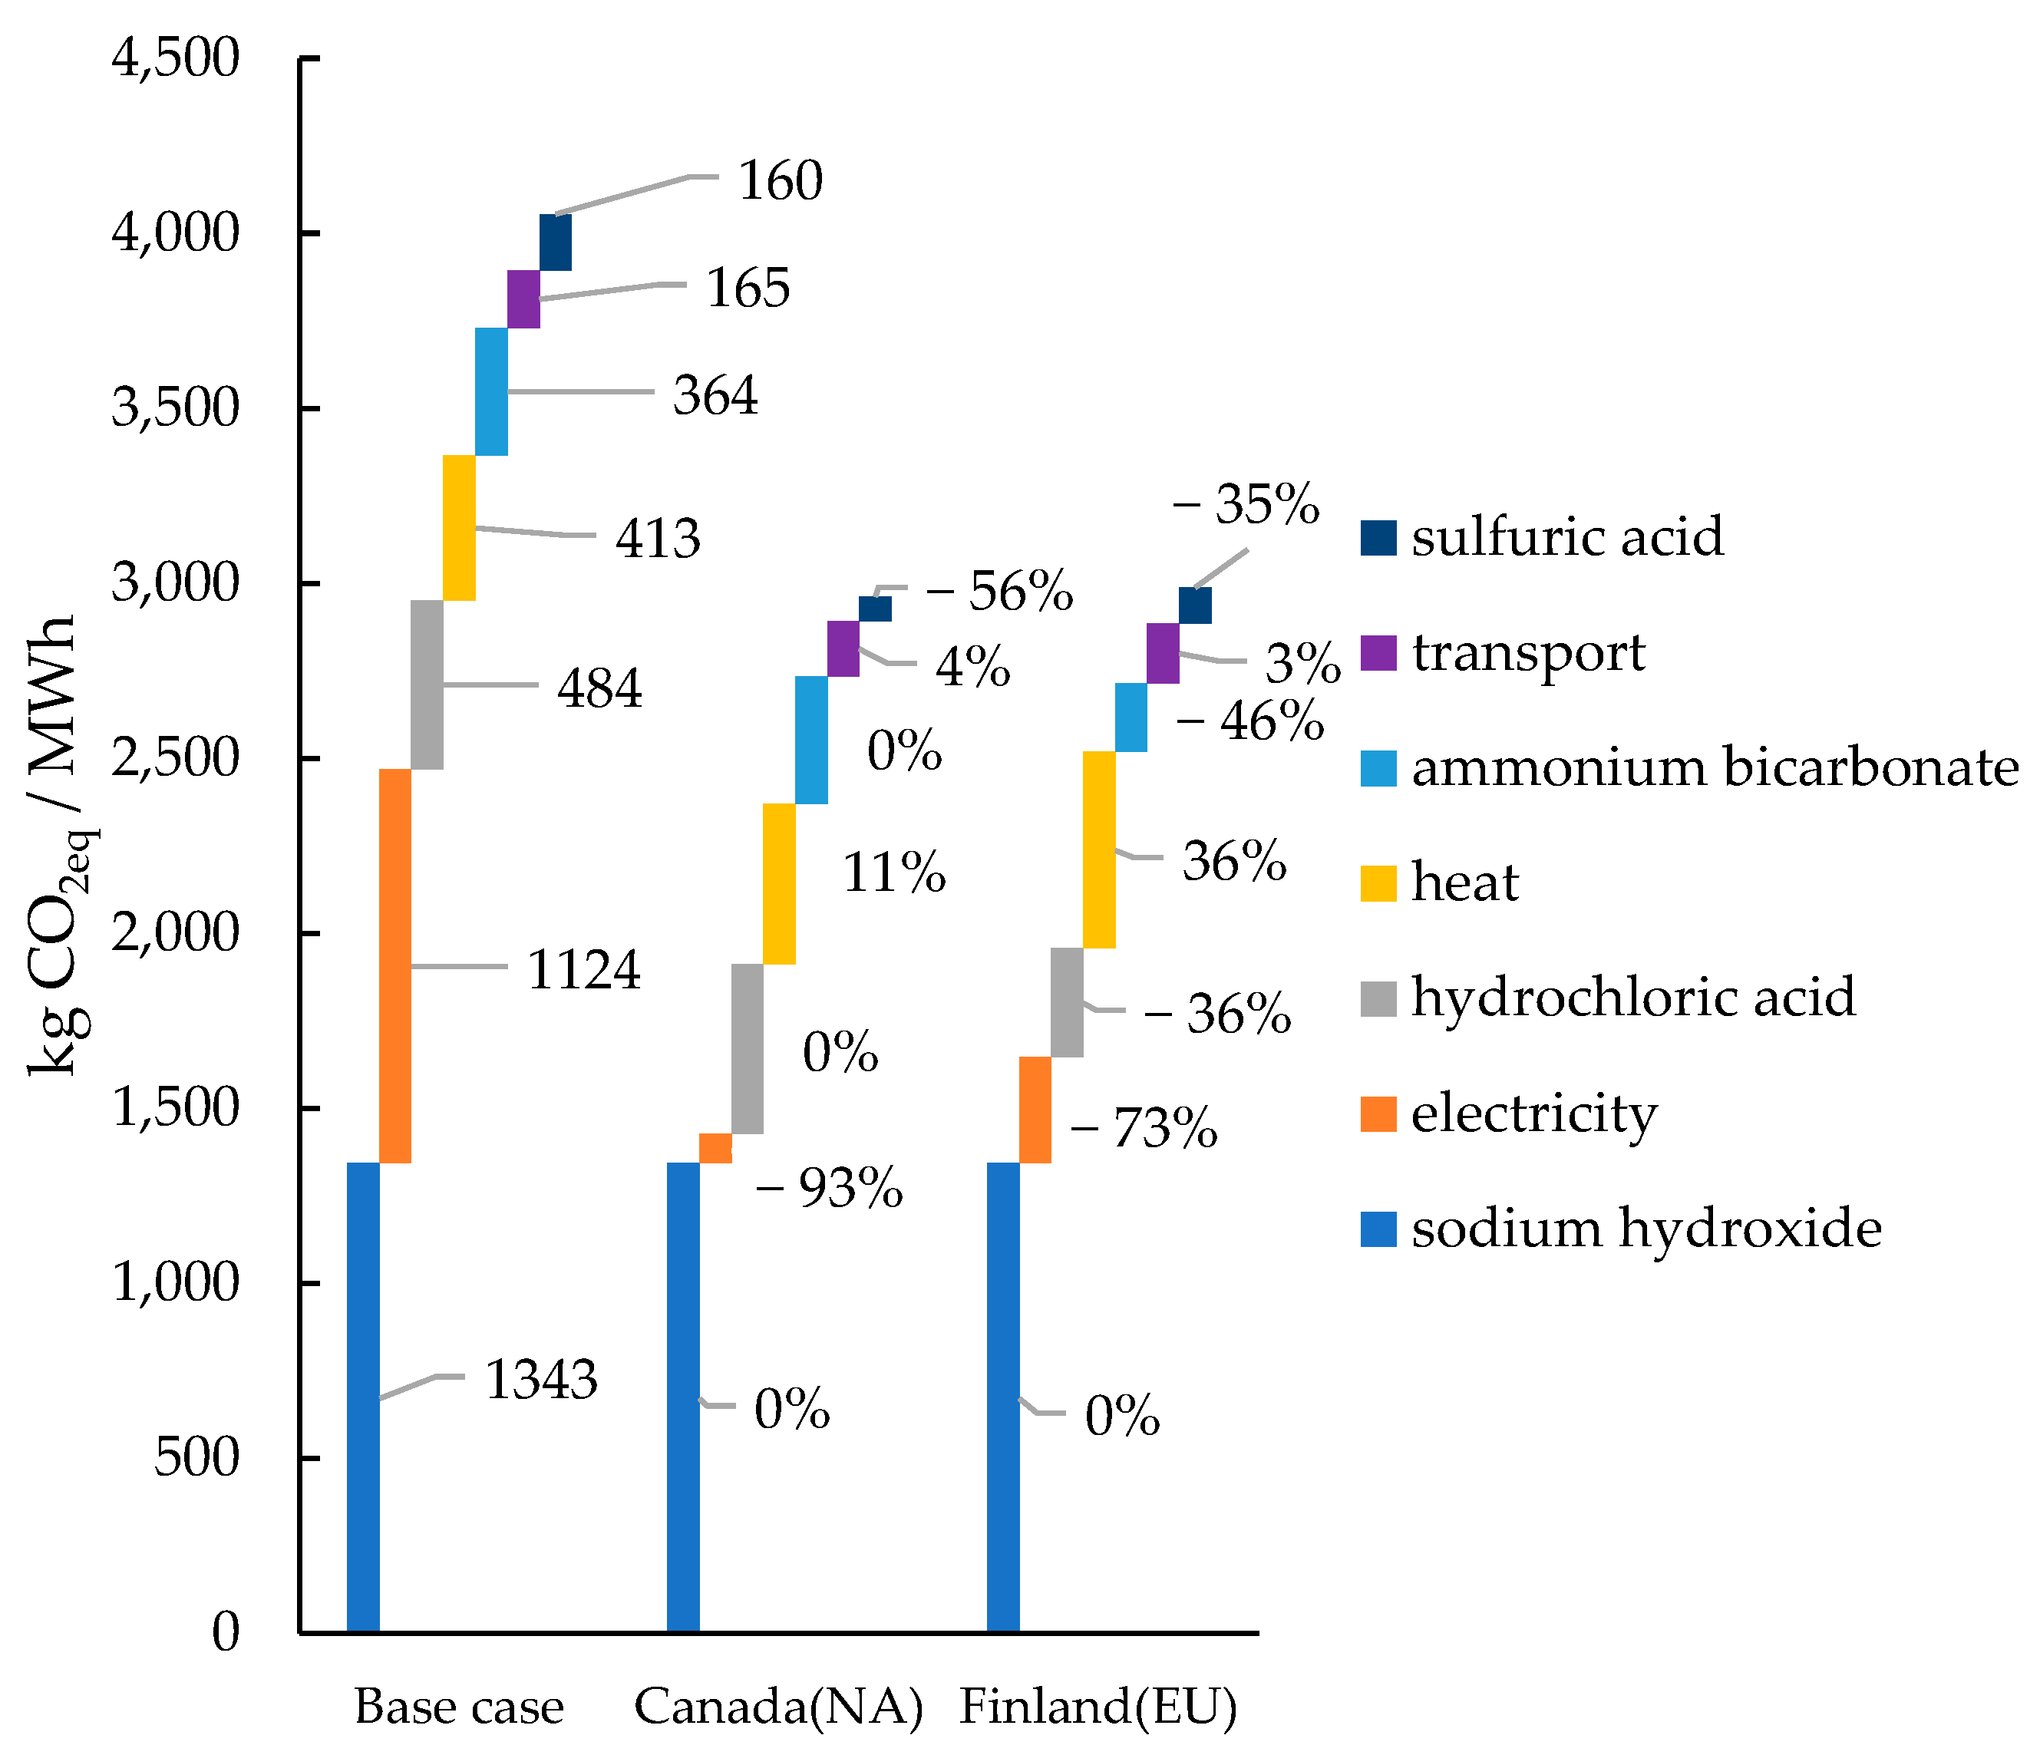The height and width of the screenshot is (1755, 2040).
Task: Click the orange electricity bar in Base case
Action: pos(394,965)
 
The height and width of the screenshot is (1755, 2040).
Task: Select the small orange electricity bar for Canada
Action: pos(716,1148)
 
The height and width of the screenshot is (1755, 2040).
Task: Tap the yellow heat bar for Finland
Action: pos(1099,849)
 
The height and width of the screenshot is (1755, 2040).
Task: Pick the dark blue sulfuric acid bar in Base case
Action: pos(556,242)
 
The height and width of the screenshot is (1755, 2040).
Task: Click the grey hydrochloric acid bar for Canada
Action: pos(748,1048)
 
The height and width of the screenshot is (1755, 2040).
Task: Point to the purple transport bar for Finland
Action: pos(1163,652)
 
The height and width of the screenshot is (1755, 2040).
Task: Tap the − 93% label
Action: pos(829,1188)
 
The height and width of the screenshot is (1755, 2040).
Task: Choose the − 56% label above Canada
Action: pos(999,592)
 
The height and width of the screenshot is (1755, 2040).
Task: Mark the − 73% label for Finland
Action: pos(1144,1128)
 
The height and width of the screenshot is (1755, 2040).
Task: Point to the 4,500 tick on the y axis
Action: pos(175,58)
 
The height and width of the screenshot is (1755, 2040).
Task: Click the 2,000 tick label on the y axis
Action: pos(175,932)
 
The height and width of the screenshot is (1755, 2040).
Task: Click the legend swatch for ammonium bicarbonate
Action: pos(1378,767)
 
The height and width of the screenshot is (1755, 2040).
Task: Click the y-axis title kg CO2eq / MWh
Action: pos(61,846)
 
